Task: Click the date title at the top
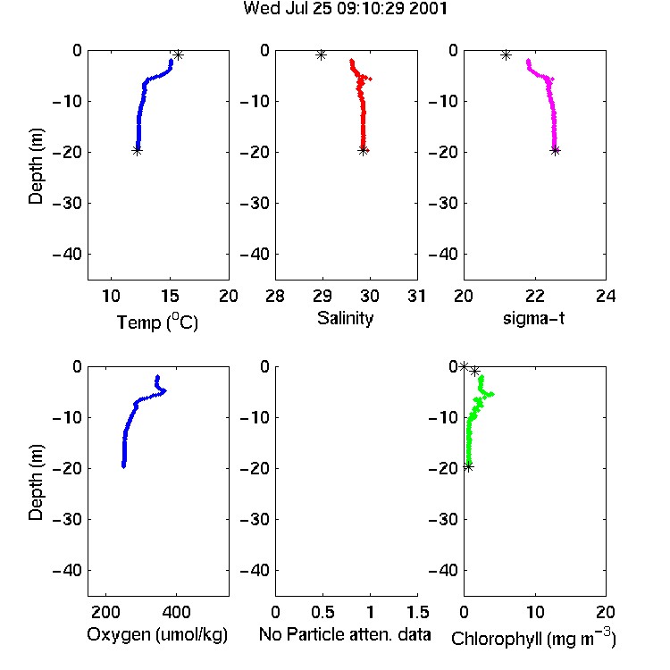pyautogui.click(x=345, y=8)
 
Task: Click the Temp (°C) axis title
pyautogui.click(x=157, y=322)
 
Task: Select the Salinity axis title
pyautogui.click(x=345, y=318)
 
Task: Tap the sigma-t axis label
pyautogui.click(x=533, y=318)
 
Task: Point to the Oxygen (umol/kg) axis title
pyautogui.click(x=157, y=634)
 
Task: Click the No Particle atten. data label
pyautogui.click(x=345, y=634)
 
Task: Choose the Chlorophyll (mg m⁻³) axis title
pyautogui.click(x=533, y=637)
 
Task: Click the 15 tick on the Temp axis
pyautogui.click(x=170, y=296)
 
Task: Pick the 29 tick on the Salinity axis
pyautogui.click(x=322, y=296)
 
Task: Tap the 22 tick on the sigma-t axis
pyautogui.click(x=534, y=296)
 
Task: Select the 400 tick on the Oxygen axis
pyautogui.click(x=177, y=612)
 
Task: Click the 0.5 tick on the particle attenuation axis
pyautogui.click(x=322, y=612)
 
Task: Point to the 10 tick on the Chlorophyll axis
pyautogui.click(x=534, y=612)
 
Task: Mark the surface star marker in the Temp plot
pyautogui.click(x=178, y=54)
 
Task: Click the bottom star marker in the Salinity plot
pyautogui.click(x=363, y=150)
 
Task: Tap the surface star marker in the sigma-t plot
pyautogui.click(x=506, y=54)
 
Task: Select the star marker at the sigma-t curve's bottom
pyautogui.click(x=555, y=150)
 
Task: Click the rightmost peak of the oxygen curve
pyautogui.click(x=165, y=390)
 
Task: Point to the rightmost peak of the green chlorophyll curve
pyautogui.click(x=492, y=394)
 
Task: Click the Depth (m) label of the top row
pyautogui.click(x=36, y=166)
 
